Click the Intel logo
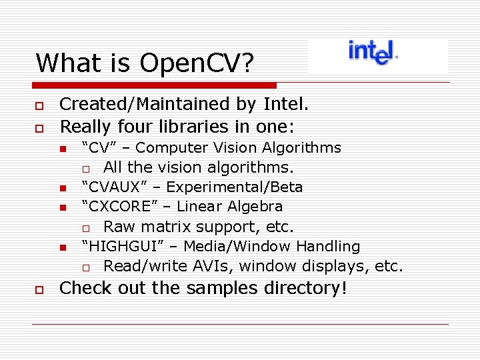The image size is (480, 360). tap(372, 52)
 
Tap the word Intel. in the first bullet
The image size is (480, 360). tap(286, 104)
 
